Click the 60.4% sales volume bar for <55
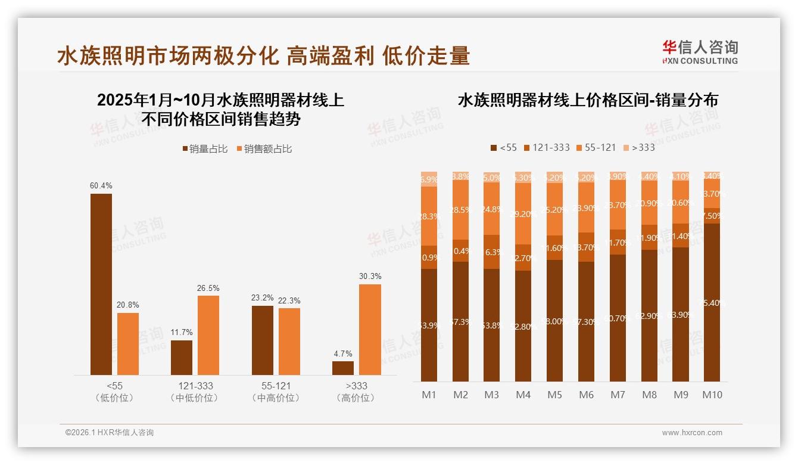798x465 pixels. (101, 284)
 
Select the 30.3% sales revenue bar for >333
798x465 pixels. (370, 330)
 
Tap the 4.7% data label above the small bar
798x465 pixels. (342, 354)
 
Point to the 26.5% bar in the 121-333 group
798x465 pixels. (208, 335)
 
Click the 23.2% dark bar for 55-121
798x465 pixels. (263, 340)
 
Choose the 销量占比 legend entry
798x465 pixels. (205, 149)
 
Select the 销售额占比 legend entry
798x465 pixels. (264, 149)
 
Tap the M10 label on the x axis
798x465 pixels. (712, 395)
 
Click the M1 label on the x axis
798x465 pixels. (429, 395)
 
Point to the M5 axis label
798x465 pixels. (554, 395)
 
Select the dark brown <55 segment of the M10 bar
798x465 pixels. (712, 303)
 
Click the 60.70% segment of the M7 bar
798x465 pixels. (618, 318)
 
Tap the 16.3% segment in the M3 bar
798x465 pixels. (492, 252)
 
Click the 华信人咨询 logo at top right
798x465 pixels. (700, 51)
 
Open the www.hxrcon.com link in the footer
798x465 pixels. (692, 433)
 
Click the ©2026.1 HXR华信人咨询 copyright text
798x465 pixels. (110, 433)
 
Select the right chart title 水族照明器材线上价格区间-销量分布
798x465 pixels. (587, 100)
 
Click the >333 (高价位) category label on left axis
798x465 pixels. (355, 392)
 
